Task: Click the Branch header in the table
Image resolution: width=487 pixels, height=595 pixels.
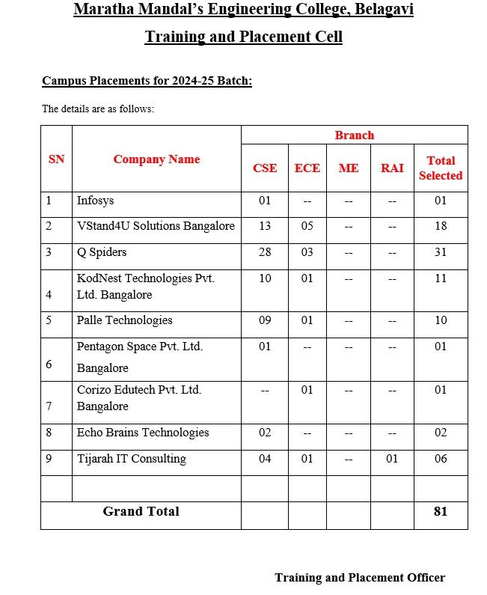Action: click(354, 135)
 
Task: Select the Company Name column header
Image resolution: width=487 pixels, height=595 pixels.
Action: click(156, 159)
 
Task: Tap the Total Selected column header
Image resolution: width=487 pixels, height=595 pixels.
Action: click(441, 168)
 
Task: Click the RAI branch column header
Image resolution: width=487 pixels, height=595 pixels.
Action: click(392, 168)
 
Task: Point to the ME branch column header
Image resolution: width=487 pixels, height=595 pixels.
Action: click(349, 168)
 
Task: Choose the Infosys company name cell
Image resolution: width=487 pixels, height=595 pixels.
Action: click(96, 201)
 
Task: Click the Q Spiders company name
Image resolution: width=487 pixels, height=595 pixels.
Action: click(102, 252)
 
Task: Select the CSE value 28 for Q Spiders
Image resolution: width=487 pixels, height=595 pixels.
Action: click(265, 252)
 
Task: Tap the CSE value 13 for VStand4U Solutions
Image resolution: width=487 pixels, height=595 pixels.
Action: click(265, 226)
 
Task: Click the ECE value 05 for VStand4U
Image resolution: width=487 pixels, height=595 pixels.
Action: click(307, 226)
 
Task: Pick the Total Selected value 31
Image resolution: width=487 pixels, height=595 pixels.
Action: click(441, 252)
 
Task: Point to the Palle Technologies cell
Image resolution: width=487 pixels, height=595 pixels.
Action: click(125, 320)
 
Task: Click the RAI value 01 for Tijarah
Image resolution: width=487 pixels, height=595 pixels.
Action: click(392, 459)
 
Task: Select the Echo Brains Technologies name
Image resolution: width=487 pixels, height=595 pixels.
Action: click(143, 433)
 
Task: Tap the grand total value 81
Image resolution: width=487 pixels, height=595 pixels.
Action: click(441, 512)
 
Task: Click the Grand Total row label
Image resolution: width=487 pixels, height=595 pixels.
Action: click(141, 512)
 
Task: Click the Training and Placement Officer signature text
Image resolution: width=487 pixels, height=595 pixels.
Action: click(360, 577)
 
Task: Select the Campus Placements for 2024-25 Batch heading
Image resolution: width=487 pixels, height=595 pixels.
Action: click(147, 81)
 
